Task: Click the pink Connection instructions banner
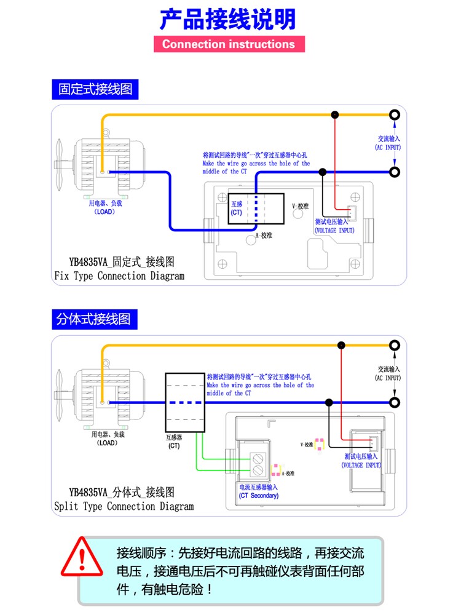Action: pos(229,44)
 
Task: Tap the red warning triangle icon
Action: pos(82,557)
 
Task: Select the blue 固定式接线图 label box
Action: pos(95,89)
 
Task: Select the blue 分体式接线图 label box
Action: pos(95,319)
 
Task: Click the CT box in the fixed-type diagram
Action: pos(256,208)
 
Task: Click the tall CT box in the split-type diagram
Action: pos(185,402)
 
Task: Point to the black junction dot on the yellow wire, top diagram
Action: pos(335,114)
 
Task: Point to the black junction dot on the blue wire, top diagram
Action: pos(323,172)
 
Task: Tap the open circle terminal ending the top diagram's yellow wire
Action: pos(395,114)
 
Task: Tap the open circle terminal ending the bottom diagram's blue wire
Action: pos(395,402)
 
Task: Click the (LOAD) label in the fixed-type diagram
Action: pos(104,212)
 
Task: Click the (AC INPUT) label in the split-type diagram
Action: pos(388,378)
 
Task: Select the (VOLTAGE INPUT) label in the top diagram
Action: pos(334,231)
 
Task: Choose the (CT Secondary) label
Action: pos(259,496)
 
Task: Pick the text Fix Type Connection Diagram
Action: pos(119,276)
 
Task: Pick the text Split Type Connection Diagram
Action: pos(124,506)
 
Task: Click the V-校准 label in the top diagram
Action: pos(301,206)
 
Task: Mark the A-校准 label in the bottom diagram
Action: pos(288,474)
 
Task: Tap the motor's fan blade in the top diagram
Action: pos(59,165)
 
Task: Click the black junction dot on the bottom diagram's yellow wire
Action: pos(341,345)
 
